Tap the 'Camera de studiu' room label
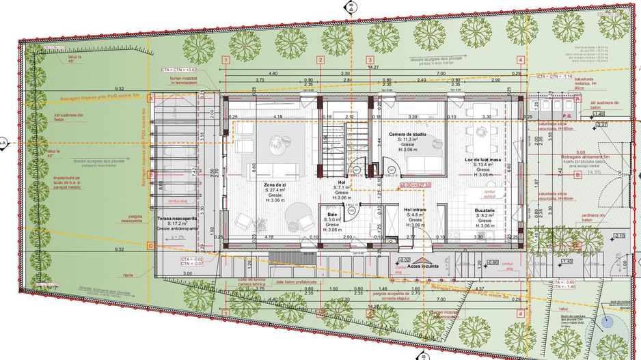[407, 135]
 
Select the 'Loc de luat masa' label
[483, 159]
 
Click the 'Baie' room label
[332, 214]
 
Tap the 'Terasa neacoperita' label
[177, 219]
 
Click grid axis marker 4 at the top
[521, 60]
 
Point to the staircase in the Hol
[335, 147]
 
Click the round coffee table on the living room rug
[276, 141]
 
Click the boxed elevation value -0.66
[491, 262]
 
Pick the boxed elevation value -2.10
[619, 236]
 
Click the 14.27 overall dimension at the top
[373, 68]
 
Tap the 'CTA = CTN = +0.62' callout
[178, 70]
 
